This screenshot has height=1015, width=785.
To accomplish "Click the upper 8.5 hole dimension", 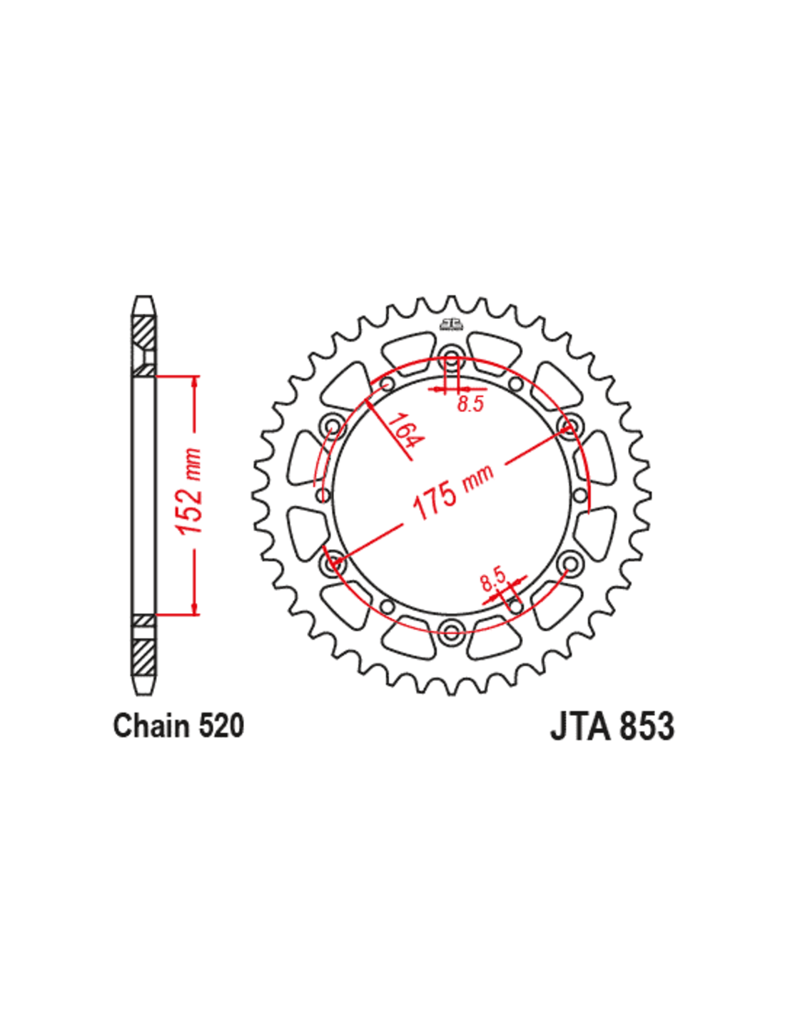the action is (470, 403).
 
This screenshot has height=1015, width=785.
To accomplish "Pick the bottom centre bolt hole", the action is (451, 632).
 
